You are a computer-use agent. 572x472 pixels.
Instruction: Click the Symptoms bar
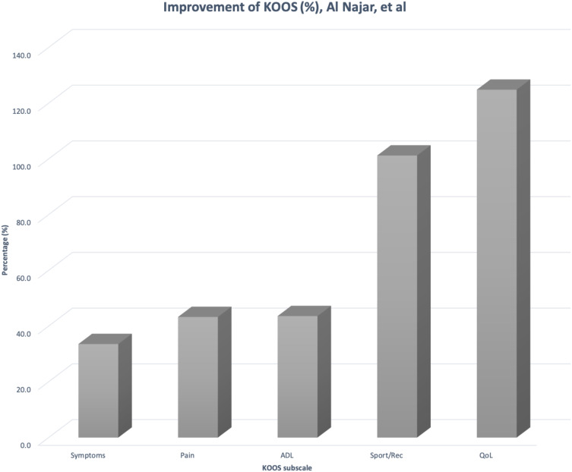point(99,390)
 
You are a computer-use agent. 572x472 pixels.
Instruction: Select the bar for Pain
point(198,376)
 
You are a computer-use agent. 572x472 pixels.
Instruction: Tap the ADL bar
point(298,376)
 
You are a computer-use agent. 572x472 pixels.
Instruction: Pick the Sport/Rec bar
point(397,296)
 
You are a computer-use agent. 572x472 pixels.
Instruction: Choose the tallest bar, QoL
point(497,263)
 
